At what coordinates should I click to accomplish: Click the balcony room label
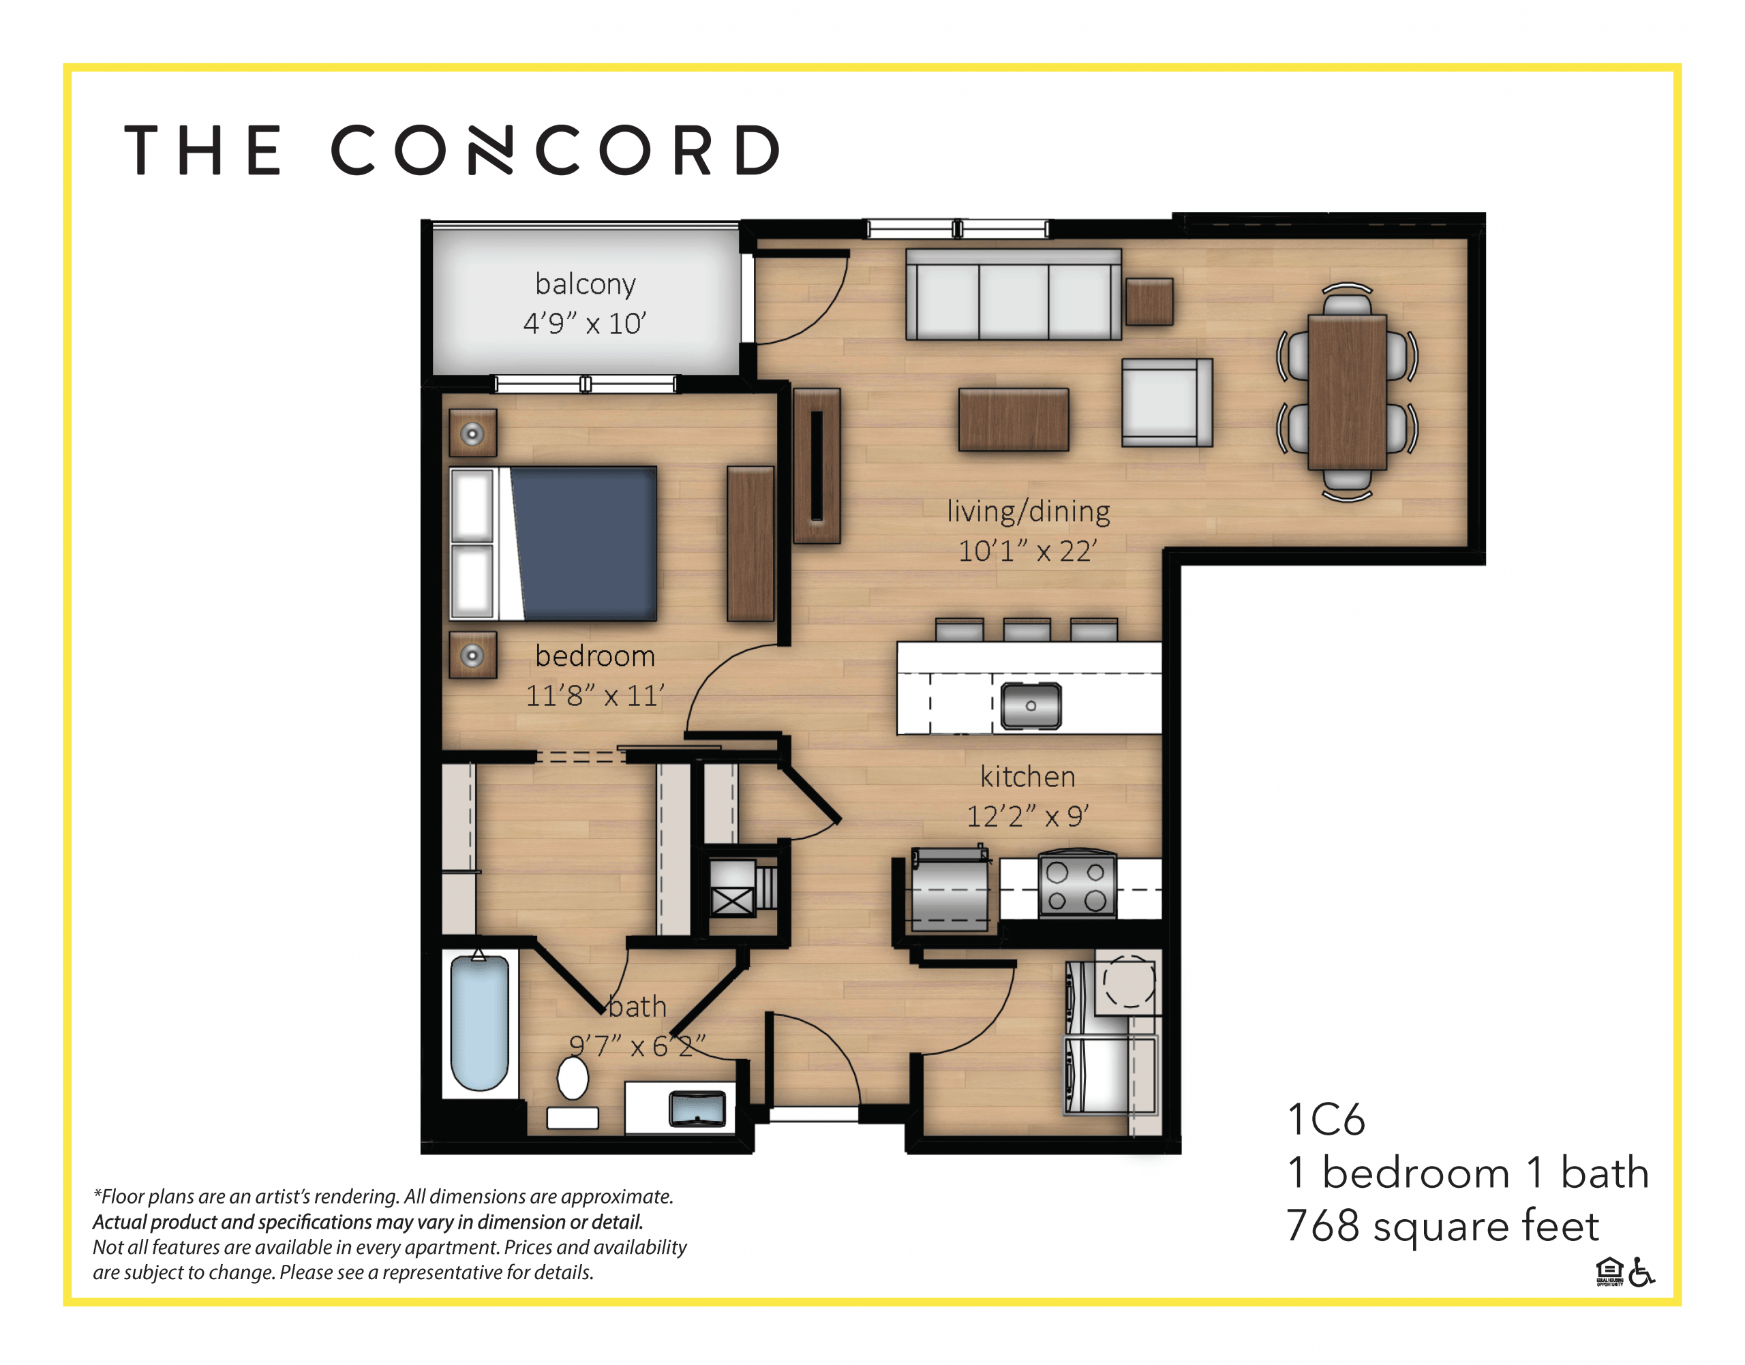coord(585,284)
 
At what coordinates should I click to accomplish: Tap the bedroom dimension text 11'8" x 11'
coord(594,695)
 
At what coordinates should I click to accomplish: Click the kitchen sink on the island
coord(1031,706)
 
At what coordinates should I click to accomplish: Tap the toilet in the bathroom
coord(573,1079)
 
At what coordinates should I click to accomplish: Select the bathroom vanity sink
coord(697,1109)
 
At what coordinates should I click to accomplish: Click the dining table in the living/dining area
coord(1347,392)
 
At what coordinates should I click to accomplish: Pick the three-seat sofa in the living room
coord(1013,295)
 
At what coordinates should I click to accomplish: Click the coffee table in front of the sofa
coord(1013,420)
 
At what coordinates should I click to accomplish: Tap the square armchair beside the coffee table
coord(1166,402)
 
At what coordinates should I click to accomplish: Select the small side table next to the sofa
coord(1149,301)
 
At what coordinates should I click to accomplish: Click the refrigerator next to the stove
coord(950,891)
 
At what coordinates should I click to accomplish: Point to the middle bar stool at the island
coord(1027,630)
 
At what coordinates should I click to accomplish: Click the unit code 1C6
coord(1325,1120)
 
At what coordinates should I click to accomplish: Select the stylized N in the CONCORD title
coord(489,149)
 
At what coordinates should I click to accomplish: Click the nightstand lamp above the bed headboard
coord(472,434)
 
